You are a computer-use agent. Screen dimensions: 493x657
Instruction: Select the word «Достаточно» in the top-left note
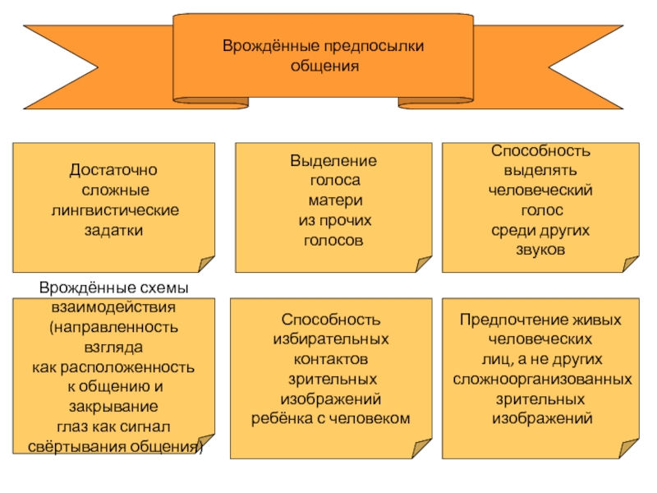pyautogui.click(x=113, y=170)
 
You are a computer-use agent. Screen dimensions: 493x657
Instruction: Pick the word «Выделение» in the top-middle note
pyautogui.click(x=333, y=162)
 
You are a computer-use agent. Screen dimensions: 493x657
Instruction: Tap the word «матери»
pyautogui.click(x=333, y=201)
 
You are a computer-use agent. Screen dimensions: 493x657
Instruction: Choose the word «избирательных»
pyautogui.click(x=331, y=339)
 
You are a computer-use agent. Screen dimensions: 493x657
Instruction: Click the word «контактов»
pyautogui.click(x=331, y=359)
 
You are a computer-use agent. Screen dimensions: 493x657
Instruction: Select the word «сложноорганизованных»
pyautogui.click(x=543, y=380)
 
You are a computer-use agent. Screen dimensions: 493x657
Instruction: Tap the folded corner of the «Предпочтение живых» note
pyautogui.click(x=628, y=449)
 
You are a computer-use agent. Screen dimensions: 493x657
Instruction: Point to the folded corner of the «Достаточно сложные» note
pyautogui.click(x=206, y=263)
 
